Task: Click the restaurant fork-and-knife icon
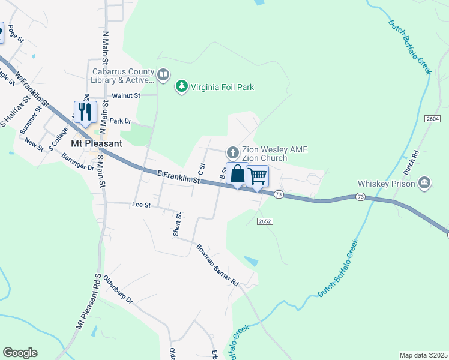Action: tap(85, 112)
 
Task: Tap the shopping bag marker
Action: tap(237, 174)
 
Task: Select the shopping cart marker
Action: tap(257, 176)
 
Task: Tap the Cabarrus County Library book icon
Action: tap(164, 76)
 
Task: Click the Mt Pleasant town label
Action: tap(97, 144)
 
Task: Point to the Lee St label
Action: tap(140, 205)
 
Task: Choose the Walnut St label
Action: tap(125, 95)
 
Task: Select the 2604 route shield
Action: tap(433, 119)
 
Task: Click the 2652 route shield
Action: tap(265, 221)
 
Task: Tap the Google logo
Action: tap(20, 353)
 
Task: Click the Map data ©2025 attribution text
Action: tap(423, 355)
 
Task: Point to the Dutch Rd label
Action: tap(411, 162)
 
